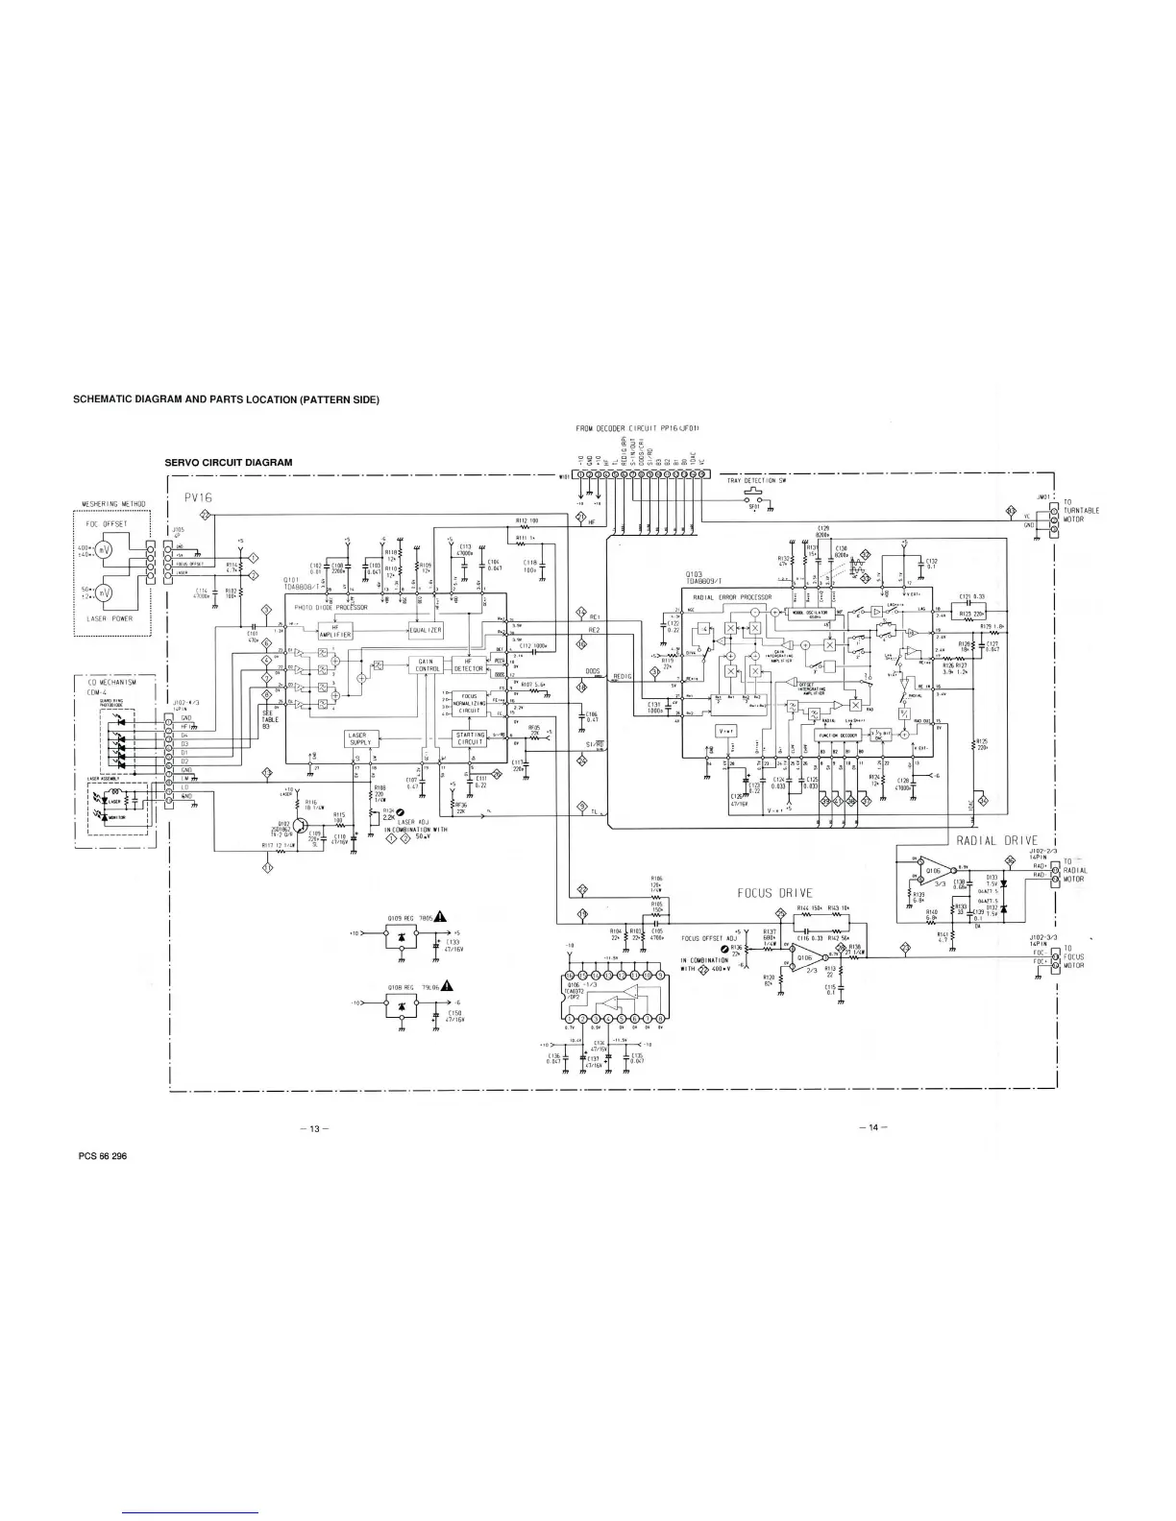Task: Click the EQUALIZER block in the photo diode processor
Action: tap(425, 630)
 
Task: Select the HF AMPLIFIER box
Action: tap(342, 632)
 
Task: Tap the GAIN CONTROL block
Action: tap(428, 664)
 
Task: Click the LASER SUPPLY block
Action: tap(362, 738)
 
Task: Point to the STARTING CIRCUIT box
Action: tap(471, 738)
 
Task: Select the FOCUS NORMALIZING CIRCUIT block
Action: tap(470, 702)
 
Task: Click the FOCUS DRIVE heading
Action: tap(774, 894)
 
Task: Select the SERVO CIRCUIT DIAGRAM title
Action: tap(229, 462)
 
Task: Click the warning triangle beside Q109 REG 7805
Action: tap(440, 914)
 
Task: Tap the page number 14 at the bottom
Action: tap(872, 1127)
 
